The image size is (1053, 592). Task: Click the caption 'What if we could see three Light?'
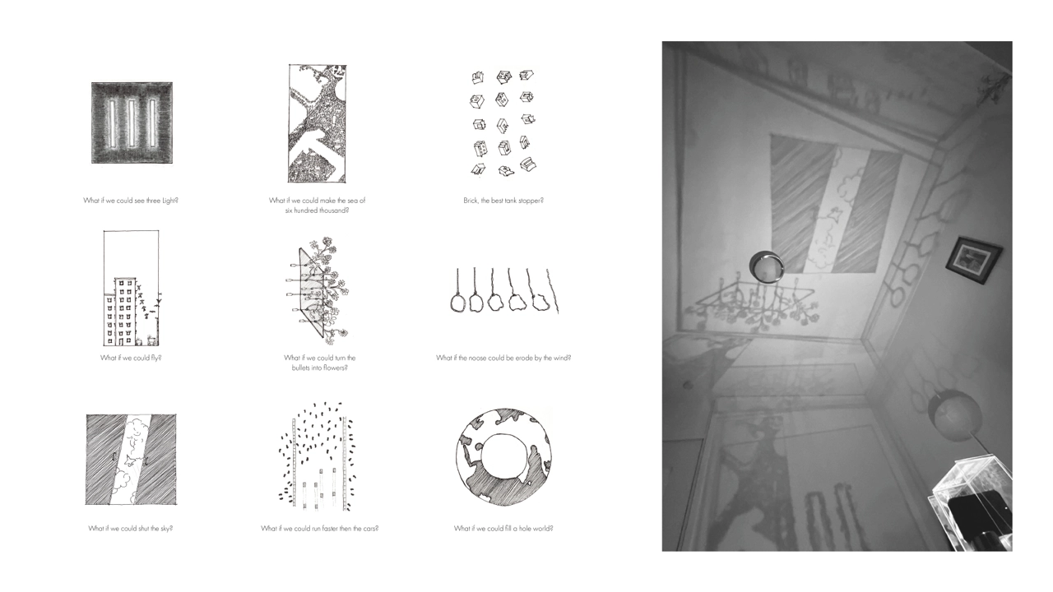point(131,201)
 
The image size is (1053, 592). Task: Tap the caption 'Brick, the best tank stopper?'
point(503,201)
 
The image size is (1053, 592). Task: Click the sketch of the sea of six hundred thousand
point(317,123)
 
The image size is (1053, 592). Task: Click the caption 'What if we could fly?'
point(131,358)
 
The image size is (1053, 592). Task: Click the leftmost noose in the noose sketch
point(457,302)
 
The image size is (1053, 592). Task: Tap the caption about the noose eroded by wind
point(503,358)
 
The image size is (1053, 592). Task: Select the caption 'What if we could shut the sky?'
point(131,529)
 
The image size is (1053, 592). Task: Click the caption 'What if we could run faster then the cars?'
point(319,529)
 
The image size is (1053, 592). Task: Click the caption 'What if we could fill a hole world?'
point(503,529)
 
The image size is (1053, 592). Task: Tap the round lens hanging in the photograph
point(767,267)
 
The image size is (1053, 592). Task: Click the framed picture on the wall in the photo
point(973,260)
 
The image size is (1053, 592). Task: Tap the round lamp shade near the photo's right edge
point(954,414)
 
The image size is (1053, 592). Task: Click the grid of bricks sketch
point(503,123)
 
